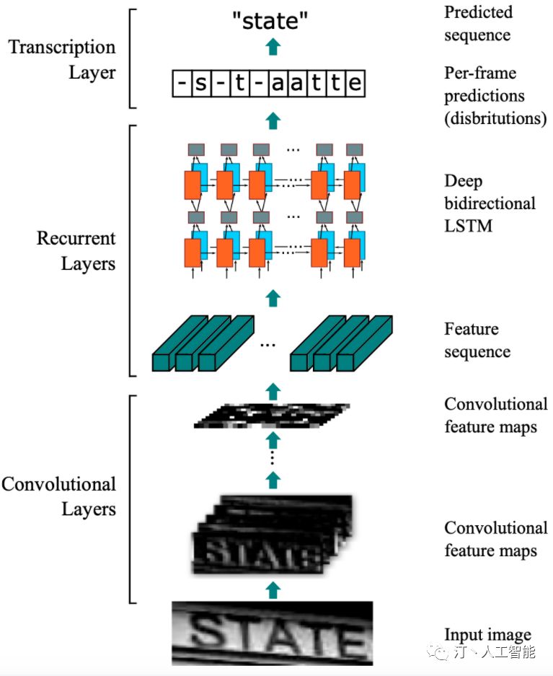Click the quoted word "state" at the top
tap(270, 21)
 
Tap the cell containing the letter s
tap(201, 83)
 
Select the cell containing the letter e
tap(355, 83)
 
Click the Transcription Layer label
tap(62, 59)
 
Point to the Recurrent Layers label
tap(76, 250)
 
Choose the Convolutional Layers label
tap(58, 496)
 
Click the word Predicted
tap(479, 12)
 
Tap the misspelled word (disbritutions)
tap(495, 118)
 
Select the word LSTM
tap(468, 226)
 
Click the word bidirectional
tap(490, 203)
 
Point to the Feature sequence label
tap(477, 340)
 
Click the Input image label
tap(487, 635)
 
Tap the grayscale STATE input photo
tap(273, 633)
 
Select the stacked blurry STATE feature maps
tap(273, 535)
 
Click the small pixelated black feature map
tap(272, 416)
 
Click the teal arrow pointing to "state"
tap(273, 47)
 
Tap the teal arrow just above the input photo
tap(273, 589)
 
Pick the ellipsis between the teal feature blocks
tap(268, 345)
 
